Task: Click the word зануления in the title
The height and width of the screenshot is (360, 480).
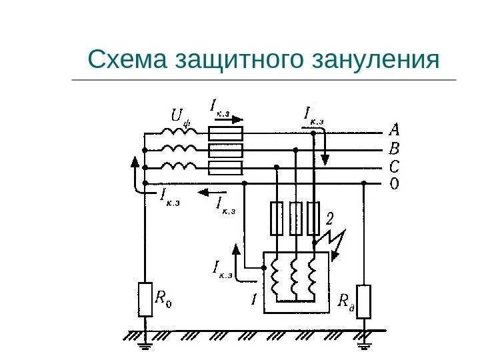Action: [376, 60]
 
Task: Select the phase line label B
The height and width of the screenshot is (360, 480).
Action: [395, 149]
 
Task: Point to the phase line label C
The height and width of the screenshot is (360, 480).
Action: [395, 166]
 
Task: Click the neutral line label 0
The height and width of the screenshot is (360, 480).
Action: [395, 183]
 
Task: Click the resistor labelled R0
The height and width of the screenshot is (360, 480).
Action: [145, 299]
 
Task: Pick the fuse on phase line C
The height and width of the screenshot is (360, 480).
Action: [225, 167]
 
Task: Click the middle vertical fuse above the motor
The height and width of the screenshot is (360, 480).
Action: [295, 219]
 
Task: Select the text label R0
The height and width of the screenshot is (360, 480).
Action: [164, 299]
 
